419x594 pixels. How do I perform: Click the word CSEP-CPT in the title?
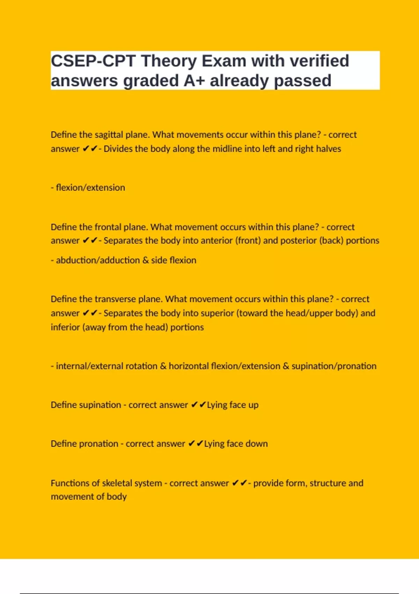click(93, 61)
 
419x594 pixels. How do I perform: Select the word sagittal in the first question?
click(108, 135)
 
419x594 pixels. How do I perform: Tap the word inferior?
click(65, 327)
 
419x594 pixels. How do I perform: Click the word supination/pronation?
click(334, 366)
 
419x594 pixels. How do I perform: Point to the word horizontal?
click(189, 366)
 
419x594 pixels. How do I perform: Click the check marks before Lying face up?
click(198, 405)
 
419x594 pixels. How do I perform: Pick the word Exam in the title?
click(224, 61)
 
